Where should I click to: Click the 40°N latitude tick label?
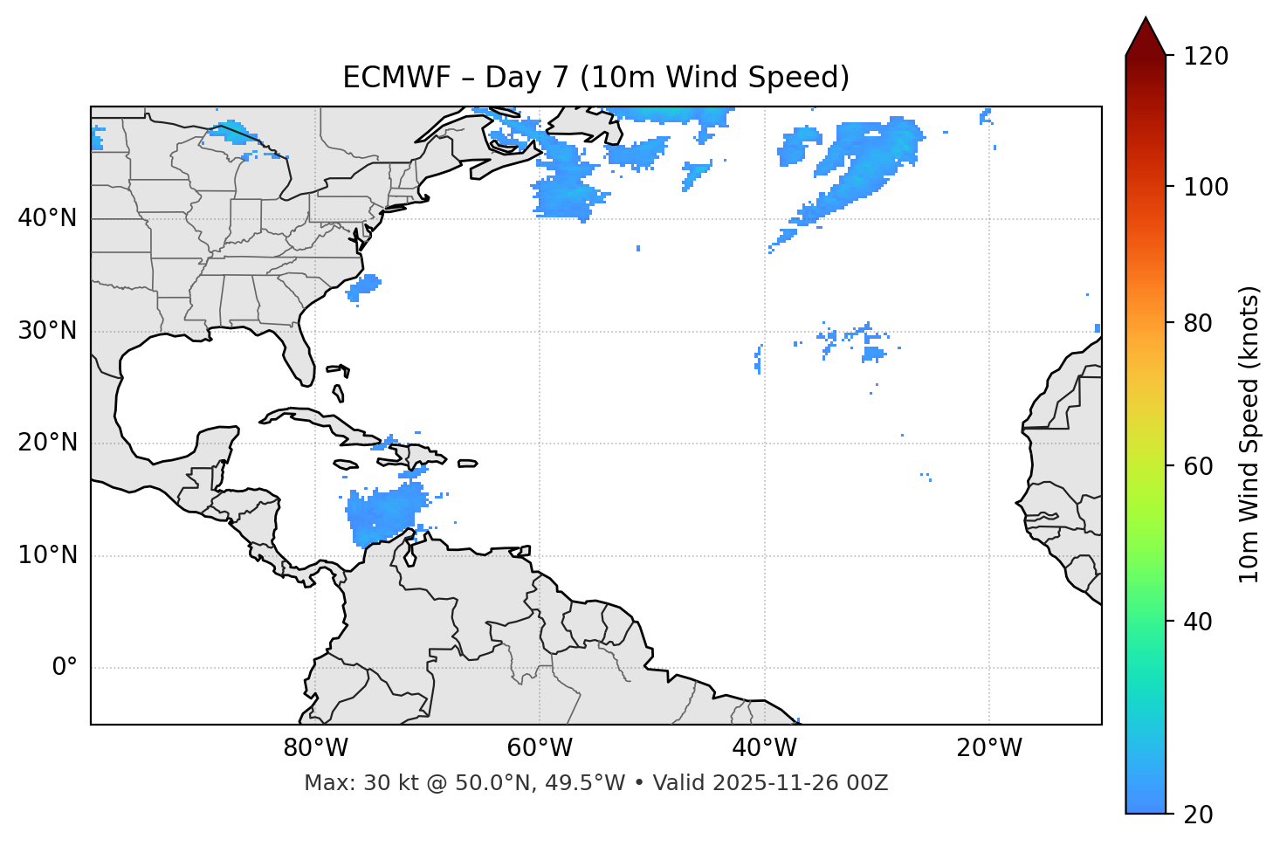[47, 218]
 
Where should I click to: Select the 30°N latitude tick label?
[47, 331]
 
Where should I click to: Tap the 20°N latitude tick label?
[47, 444]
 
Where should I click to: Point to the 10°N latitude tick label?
[47, 555]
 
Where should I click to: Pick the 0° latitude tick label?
[65, 668]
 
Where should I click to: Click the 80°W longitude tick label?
[315, 748]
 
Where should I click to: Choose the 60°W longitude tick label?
[540, 748]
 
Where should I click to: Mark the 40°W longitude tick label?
[764, 748]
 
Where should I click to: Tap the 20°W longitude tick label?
[989, 748]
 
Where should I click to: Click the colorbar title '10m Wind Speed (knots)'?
[1249, 435]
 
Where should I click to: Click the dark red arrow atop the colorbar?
[1146, 38]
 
